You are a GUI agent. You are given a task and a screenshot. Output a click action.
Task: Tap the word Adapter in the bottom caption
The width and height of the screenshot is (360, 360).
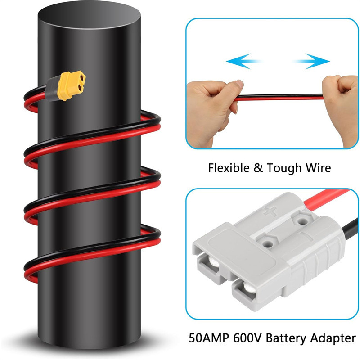click(333, 337)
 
